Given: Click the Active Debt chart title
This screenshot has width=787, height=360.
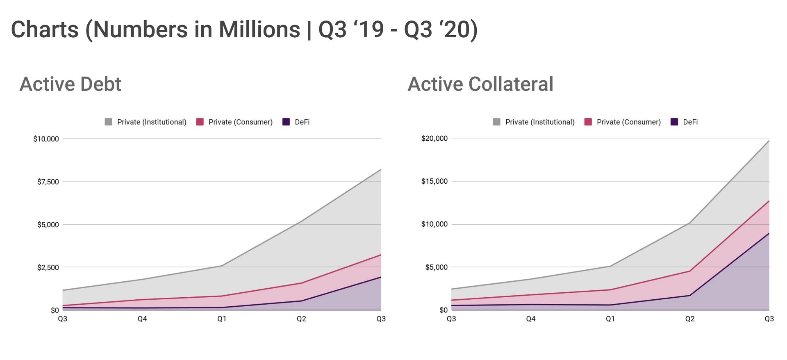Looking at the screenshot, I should pyautogui.click(x=70, y=84).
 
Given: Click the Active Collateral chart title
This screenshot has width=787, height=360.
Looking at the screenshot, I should pyautogui.click(x=480, y=84).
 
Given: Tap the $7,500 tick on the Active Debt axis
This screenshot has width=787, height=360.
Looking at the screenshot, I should pyautogui.click(x=48, y=182).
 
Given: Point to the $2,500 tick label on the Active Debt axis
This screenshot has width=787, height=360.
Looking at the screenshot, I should pyautogui.click(x=48, y=267).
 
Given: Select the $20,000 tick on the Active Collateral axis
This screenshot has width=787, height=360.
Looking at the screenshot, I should pyautogui.click(x=434, y=139).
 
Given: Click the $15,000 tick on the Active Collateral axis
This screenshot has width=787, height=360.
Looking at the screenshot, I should pyautogui.click(x=434, y=181).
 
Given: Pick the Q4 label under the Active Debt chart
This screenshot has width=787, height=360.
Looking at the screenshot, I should pyautogui.click(x=142, y=319).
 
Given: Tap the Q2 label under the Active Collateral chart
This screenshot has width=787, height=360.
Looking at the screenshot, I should pyautogui.click(x=690, y=319).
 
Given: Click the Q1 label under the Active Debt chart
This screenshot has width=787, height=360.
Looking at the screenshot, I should pyautogui.click(x=222, y=319).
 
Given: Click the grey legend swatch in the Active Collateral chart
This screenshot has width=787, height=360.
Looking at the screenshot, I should pyautogui.click(x=496, y=122).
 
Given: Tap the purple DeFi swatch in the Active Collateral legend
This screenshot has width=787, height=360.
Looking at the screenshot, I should pyautogui.click(x=674, y=122).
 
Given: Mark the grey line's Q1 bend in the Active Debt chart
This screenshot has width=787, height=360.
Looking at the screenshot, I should pyautogui.click(x=222, y=266).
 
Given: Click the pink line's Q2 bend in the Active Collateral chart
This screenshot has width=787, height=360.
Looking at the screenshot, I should pyautogui.click(x=690, y=271).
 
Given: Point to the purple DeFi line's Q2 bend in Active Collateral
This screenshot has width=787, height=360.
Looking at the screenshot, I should pyautogui.click(x=690, y=296).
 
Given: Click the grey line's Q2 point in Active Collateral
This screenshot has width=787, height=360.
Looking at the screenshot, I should pyautogui.click(x=690, y=223).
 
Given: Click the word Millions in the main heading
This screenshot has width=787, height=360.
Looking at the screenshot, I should pyautogui.click(x=259, y=30).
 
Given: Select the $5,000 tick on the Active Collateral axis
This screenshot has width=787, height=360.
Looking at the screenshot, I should pyautogui.click(x=437, y=267).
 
